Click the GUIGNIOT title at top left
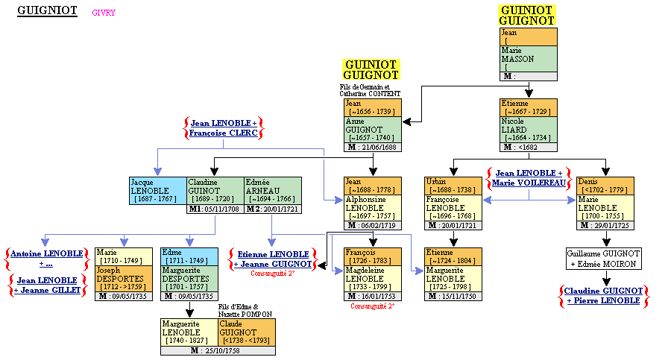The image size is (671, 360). coord(47,12)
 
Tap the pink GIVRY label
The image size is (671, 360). coord(104,13)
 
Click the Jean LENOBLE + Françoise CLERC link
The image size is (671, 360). coord(223,127)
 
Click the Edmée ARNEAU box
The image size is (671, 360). coord(272,190)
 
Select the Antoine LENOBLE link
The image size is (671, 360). coord(46,259)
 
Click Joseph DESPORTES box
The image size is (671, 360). coord(124,279)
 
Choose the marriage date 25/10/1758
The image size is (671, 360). coord(218,350)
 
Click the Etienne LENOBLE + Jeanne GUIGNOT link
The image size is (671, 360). coord(272,259)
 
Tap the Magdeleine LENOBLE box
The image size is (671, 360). coord(373,279)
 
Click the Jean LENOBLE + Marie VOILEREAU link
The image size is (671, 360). coord(529,178)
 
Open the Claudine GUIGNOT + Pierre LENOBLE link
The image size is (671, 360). coord(603,295)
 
